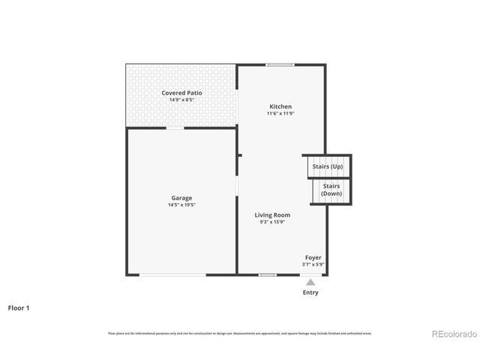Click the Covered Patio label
pyautogui.click(x=181, y=93)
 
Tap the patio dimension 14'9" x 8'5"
pyautogui.click(x=181, y=99)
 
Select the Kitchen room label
pyautogui.click(x=280, y=106)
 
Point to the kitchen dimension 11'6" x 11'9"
pyautogui.click(x=280, y=113)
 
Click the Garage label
pyautogui.click(x=181, y=198)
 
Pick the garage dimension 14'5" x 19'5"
pyautogui.click(x=181, y=205)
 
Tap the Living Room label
pyautogui.click(x=274, y=215)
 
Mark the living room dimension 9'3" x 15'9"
pyautogui.click(x=274, y=222)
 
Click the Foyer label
pyautogui.click(x=313, y=257)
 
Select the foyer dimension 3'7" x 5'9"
pyautogui.click(x=312, y=264)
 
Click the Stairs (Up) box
pyautogui.click(x=328, y=166)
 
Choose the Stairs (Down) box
pyautogui.click(x=331, y=190)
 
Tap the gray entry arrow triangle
pyautogui.click(x=310, y=282)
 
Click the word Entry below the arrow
pyautogui.click(x=310, y=292)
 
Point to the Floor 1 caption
pyautogui.click(x=19, y=307)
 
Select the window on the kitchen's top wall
pyautogui.click(x=280, y=64)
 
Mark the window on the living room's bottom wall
pyautogui.click(x=268, y=275)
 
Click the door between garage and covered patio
pyautogui.click(x=175, y=128)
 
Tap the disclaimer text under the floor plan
pyautogui.click(x=239, y=333)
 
